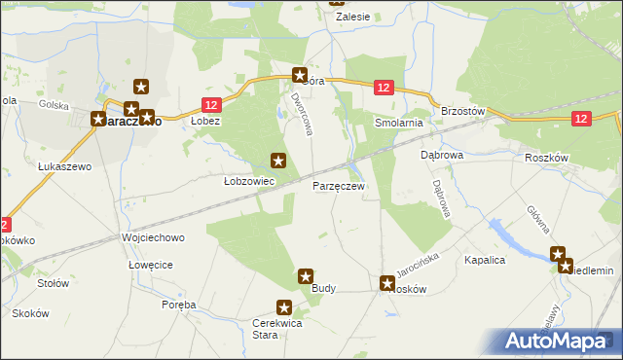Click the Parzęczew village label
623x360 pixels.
[x=338, y=185]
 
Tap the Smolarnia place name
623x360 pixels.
[x=399, y=124]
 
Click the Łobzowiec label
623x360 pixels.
[x=248, y=181]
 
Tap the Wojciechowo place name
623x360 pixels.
[x=152, y=237]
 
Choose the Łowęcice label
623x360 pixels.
[x=151, y=265]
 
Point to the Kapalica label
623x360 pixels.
[x=485, y=261]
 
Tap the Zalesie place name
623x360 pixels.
[x=352, y=17]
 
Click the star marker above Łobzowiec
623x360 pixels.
[x=278, y=161]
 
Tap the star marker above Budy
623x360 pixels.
[x=306, y=276]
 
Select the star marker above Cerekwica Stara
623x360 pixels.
[x=284, y=307]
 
